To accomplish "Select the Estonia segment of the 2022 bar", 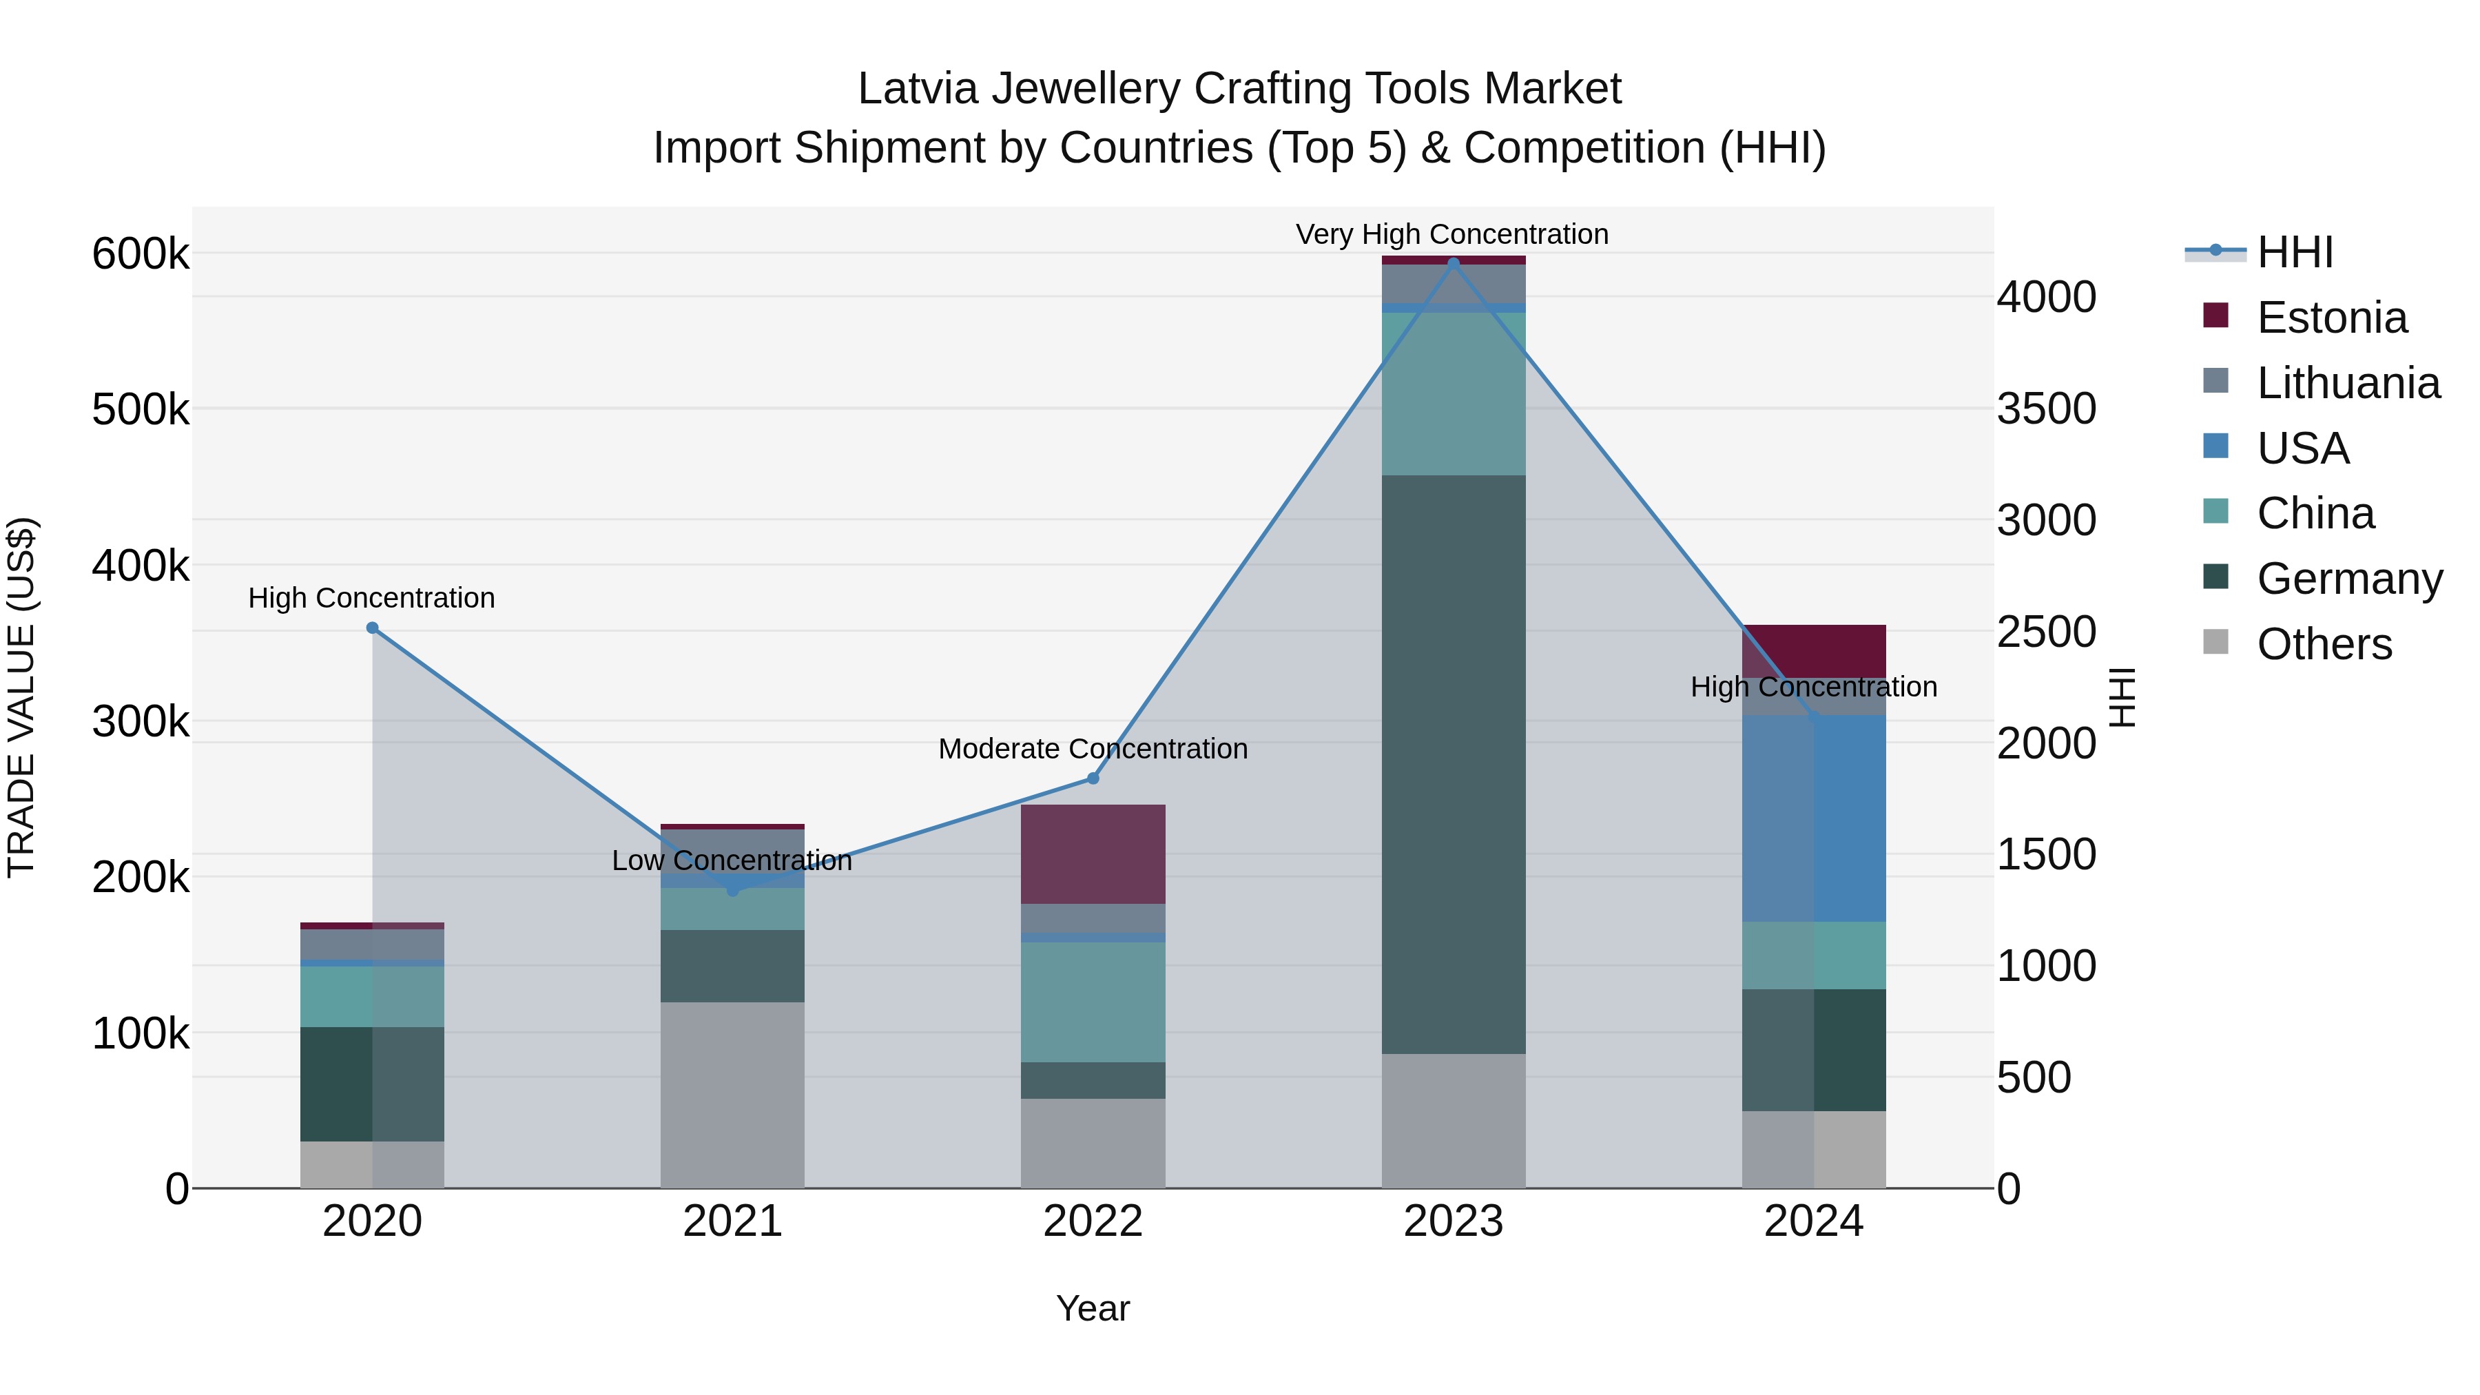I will [1093, 853].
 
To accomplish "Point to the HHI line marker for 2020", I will [373, 628].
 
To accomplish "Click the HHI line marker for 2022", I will [1093, 778].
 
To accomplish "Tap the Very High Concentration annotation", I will [1451, 234].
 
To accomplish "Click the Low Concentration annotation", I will [732, 860].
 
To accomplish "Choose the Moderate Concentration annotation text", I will [1093, 748].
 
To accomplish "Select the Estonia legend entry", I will [2331, 318].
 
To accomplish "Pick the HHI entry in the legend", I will [2294, 252].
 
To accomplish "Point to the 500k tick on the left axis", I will [141, 410].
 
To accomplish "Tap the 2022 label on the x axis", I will [1093, 1221].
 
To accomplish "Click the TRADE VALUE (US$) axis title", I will [21, 697].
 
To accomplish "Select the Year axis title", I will [1093, 1308].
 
